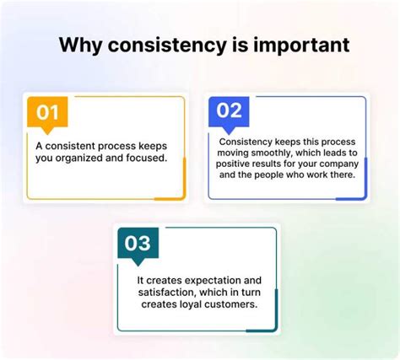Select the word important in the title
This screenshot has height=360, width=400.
point(300,45)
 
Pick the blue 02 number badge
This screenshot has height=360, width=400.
point(230,110)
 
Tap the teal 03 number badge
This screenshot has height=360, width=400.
point(137,243)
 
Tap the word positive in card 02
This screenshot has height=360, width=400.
point(242,166)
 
